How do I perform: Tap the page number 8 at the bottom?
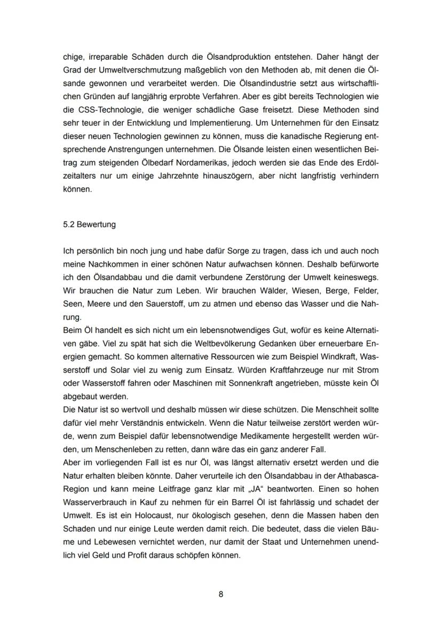[x=221, y=595]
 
